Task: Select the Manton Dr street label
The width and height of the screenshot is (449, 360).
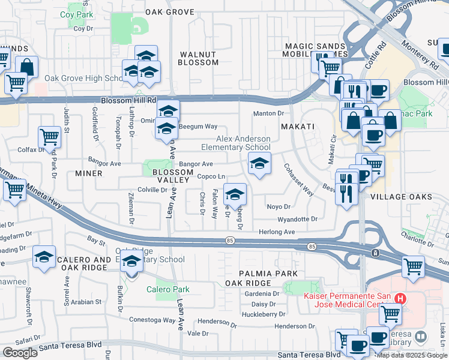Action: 268,113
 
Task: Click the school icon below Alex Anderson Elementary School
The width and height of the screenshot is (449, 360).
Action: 259,163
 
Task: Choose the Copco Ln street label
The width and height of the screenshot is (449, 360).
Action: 211,176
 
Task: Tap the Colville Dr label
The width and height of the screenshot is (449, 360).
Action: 151,190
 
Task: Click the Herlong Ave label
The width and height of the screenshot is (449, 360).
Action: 277,232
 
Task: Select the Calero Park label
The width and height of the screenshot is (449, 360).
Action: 168,289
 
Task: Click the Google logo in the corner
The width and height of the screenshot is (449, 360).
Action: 20,353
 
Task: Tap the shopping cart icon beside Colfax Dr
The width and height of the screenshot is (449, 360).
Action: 49,137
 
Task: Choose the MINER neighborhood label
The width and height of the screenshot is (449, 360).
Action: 89,173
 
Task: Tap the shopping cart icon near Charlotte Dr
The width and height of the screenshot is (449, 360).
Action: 412,265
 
